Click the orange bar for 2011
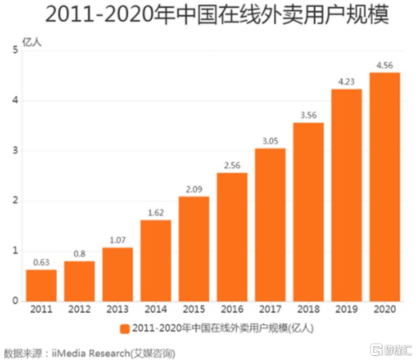click(41, 285)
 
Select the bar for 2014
click(156, 261)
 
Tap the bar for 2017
click(270, 224)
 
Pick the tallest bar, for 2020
click(384, 187)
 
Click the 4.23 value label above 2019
click(346, 82)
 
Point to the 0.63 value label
click(41, 262)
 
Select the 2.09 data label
click(193, 189)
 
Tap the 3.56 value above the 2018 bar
click(308, 115)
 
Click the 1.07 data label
click(117, 240)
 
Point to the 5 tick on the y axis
click(14, 50)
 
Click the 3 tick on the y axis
click(14, 150)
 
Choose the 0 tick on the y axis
click(14, 301)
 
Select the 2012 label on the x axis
click(79, 310)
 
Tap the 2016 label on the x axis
click(232, 310)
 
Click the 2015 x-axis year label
click(193, 310)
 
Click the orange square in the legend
click(125, 328)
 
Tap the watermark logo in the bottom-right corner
click(389, 349)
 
